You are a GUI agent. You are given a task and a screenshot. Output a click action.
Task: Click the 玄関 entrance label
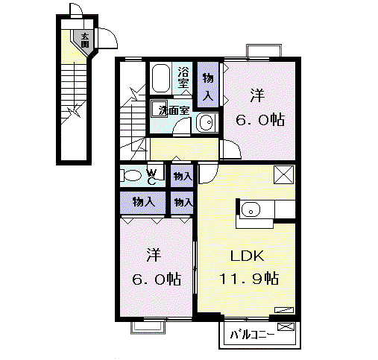[85, 40]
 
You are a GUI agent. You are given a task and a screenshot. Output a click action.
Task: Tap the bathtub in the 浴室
[160, 78]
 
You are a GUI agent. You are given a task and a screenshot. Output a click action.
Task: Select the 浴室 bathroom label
[183, 78]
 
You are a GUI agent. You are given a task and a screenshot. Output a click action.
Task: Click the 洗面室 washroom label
[174, 110]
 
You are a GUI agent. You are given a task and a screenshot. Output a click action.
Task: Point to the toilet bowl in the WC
[130, 175]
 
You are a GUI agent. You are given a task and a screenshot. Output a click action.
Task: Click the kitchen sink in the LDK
[251, 209]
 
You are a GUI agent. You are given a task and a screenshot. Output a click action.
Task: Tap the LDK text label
[248, 256]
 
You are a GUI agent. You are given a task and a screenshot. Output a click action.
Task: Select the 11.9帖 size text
[249, 278]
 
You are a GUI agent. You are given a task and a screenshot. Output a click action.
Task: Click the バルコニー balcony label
[252, 335]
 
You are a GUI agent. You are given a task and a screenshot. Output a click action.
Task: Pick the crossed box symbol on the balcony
[286, 326]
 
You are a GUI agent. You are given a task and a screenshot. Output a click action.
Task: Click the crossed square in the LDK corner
[283, 174]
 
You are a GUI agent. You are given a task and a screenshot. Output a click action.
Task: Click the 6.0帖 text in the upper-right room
[260, 120]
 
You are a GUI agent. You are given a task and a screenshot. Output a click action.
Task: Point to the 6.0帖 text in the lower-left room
[157, 279]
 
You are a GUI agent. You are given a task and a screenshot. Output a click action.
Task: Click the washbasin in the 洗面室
[207, 122]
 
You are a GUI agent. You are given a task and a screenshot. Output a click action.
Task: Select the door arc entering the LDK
[211, 175]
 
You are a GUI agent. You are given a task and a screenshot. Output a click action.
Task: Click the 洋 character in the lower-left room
[154, 255]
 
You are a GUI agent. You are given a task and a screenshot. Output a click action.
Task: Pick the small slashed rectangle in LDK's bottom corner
[284, 310]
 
